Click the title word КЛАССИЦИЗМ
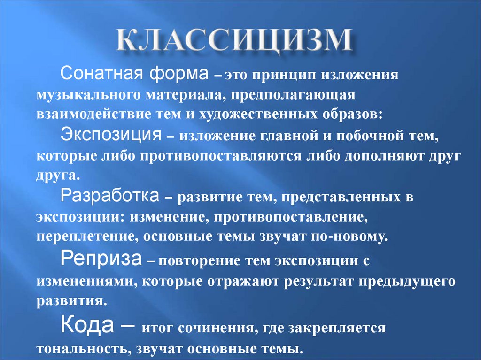(234, 40)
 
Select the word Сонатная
(101, 73)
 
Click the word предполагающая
(293, 95)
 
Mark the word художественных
(258, 115)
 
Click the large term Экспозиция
(111, 135)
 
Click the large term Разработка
(110, 196)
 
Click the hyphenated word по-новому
(349, 237)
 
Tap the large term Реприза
(101, 259)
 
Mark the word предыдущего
(407, 282)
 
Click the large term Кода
(87, 324)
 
